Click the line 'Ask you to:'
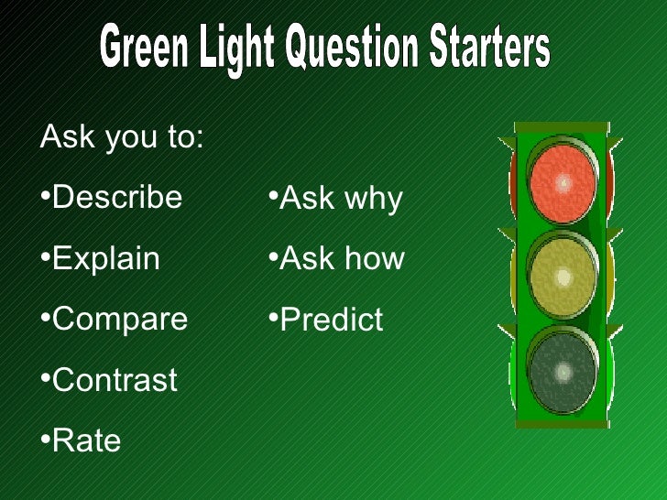click(122, 138)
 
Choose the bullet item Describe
click(117, 197)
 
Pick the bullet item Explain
click(105, 258)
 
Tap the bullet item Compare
click(119, 320)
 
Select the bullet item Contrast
click(115, 380)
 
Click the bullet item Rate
click(86, 441)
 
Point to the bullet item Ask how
click(342, 259)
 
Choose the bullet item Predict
click(331, 320)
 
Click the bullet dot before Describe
click(46, 195)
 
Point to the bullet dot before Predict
click(273, 318)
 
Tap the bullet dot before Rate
click(46, 440)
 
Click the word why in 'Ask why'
click(372, 201)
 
